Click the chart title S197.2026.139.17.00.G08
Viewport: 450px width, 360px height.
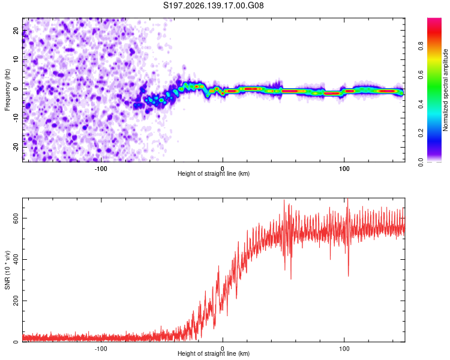(x=213, y=5)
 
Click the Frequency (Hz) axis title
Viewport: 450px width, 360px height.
(x=7, y=90)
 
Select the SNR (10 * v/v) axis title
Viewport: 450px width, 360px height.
(x=7, y=270)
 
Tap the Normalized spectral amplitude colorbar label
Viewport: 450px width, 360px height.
(x=445, y=90)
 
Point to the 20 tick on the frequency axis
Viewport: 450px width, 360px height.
(x=16, y=31)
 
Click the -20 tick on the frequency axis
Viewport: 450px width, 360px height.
(x=16, y=147)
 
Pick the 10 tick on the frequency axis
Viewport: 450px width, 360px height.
(x=16, y=60)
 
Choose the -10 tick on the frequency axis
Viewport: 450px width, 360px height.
(x=16, y=118)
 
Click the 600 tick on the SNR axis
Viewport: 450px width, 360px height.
(x=16, y=218)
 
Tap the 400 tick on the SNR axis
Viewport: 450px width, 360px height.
(x=16, y=260)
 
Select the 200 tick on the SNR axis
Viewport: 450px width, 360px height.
(x=16, y=301)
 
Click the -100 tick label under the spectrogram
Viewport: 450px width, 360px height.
(x=101, y=169)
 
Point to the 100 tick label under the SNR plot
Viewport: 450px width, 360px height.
(x=344, y=349)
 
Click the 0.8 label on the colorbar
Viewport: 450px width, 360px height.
(x=421, y=46)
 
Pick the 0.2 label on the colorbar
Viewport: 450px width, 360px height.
(x=421, y=133)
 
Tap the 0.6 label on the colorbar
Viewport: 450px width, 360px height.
(x=421, y=75)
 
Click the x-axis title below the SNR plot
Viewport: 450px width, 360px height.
(x=214, y=353)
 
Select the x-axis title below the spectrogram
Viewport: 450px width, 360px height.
(x=214, y=173)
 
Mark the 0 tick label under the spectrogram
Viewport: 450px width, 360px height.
(x=223, y=169)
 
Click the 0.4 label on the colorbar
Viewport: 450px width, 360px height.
(x=421, y=104)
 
